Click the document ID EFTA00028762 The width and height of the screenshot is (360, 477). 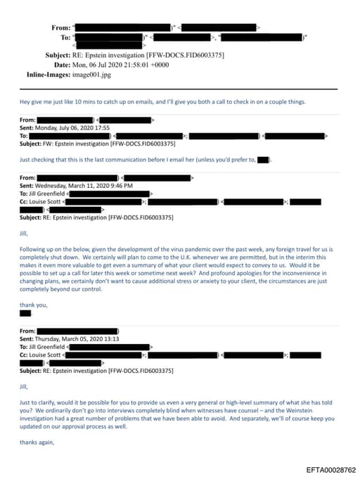pyautogui.click(x=330, y=469)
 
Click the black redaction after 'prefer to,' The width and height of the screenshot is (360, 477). pyautogui.click(x=263, y=160)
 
